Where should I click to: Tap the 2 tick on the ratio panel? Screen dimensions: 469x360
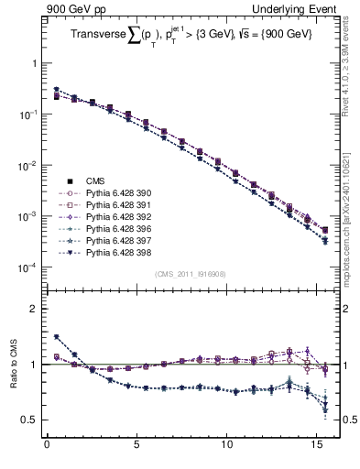33,309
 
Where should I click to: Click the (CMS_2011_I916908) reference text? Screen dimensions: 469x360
190,273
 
